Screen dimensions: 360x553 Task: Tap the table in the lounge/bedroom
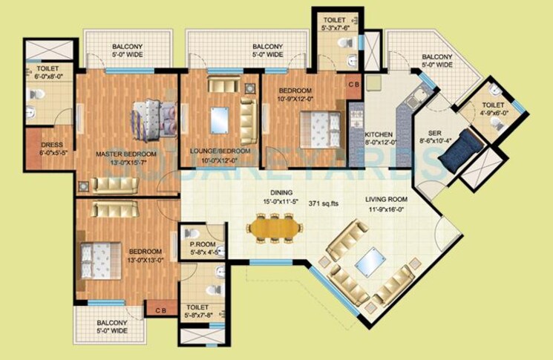coord(220,118)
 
